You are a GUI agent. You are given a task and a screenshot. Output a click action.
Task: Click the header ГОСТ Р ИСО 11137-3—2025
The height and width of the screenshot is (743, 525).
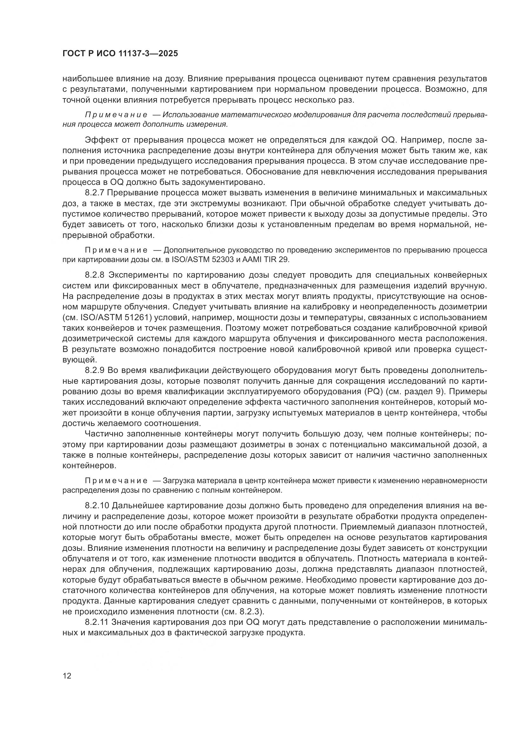click(x=120, y=53)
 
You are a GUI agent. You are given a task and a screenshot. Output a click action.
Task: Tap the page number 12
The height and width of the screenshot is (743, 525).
click(x=67, y=676)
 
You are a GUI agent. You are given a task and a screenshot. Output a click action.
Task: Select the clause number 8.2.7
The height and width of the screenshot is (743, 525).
click(x=95, y=193)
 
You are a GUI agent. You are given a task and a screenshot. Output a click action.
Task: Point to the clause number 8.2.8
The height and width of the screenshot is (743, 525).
click(x=95, y=275)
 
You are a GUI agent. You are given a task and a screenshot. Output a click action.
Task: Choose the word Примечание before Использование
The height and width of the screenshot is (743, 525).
click(x=116, y=115)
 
